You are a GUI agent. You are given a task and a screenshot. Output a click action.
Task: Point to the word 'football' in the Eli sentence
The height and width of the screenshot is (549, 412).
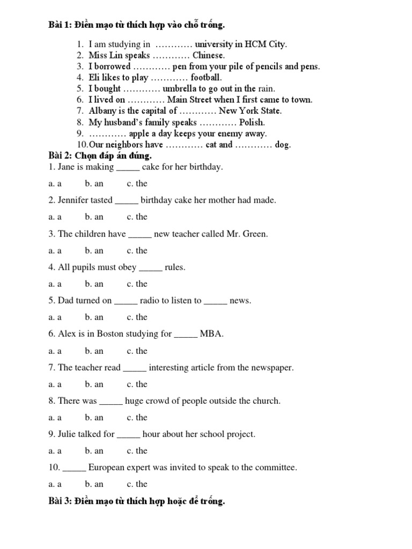tap(206, 78)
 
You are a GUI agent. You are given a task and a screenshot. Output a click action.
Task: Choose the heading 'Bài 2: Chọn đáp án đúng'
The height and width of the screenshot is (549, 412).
tap(100, 155)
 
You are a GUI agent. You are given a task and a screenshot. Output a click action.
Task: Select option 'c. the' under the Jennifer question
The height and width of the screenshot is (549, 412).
tap(137, 217)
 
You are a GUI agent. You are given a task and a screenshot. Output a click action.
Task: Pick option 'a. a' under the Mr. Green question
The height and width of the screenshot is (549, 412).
tap(54, 250)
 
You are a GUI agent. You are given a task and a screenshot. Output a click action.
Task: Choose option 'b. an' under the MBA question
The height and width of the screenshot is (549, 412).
tap(94, 351)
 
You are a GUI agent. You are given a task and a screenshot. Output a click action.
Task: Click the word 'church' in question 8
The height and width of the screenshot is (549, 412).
tap(267, 401)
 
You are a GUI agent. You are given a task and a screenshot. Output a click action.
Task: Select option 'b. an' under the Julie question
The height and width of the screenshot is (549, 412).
tap(94, 450)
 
